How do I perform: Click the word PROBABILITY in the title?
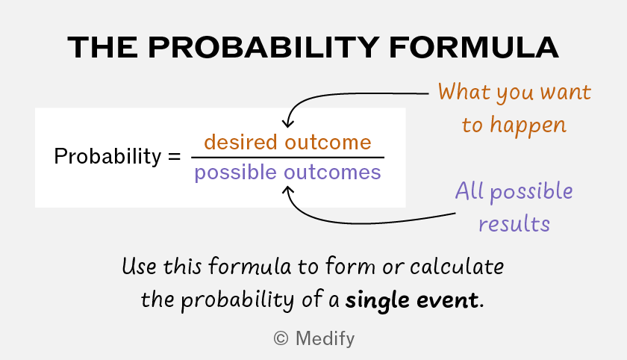[263, 48]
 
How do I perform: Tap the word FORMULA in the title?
[474, 48]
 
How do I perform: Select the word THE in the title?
[103, 48]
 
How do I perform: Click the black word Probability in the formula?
[107, 156]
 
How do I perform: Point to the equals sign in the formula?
[175, 156]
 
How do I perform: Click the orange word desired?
[240, 142]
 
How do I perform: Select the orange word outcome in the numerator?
[328, 143]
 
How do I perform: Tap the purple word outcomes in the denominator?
[332, 173]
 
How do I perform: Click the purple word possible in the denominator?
[236, 173]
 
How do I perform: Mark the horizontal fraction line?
[287, 158]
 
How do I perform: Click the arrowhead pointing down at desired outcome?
[288, 123]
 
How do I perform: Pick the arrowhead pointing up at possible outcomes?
[288, 190]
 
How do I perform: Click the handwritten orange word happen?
[528, 125]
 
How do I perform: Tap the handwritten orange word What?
[464, 92]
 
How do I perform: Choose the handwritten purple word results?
[514, 223]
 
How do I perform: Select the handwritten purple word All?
[470, 190]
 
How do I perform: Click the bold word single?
[378, 300]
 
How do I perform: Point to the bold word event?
[447, 301]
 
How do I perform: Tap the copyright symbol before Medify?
[281, 339]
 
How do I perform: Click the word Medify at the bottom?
[325, 339]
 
